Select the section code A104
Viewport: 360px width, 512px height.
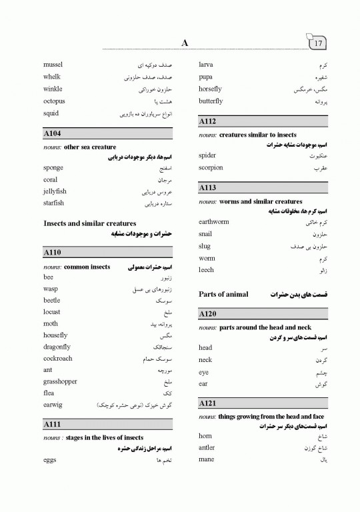(52, 134)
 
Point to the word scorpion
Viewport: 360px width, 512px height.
(211, 167)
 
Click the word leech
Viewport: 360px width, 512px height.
(206, 270)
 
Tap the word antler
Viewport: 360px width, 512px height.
(207, 447)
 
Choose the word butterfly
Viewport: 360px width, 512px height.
(211, 101)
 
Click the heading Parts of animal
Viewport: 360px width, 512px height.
(223, 294)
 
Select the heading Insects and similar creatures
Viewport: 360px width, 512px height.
(89, 223)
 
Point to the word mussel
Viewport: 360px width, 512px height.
(53, 65)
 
